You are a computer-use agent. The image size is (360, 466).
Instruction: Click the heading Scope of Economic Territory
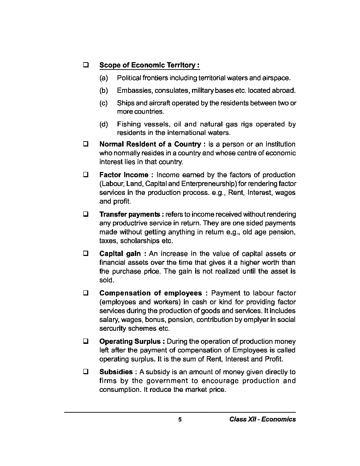[149, 65]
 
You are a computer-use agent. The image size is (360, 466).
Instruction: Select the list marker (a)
[103, 78]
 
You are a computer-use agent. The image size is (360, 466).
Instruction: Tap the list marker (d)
[103, 124]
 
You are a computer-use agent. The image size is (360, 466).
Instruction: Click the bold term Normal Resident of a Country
[150, 144]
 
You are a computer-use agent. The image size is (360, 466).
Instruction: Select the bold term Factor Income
[124, 175]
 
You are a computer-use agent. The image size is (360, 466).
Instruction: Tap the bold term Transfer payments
[130, 215]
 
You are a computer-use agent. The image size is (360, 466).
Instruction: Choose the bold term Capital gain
[120, 254]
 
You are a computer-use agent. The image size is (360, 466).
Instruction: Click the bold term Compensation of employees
[150, 293]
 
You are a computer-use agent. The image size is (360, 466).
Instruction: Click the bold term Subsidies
[116, 372]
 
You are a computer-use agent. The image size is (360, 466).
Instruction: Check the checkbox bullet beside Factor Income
[85, 175]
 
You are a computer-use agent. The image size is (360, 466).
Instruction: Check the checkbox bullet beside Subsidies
[85, 372]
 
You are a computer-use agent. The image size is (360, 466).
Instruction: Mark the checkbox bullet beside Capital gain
[85, 254]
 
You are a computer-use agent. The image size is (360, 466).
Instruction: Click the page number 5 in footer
[180, 419]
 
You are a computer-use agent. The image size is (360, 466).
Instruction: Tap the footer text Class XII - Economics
[262, 419]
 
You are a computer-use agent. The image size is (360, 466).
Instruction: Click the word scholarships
[140, 241]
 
